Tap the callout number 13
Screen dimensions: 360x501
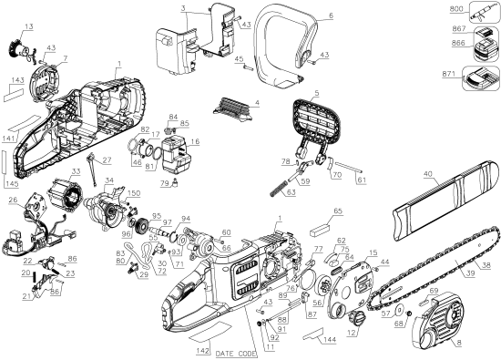29,28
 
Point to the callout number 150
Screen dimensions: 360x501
135,193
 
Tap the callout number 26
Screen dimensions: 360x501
14,201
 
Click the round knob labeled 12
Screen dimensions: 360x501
357,316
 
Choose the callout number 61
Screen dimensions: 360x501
362,180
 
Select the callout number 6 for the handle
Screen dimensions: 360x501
331,15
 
